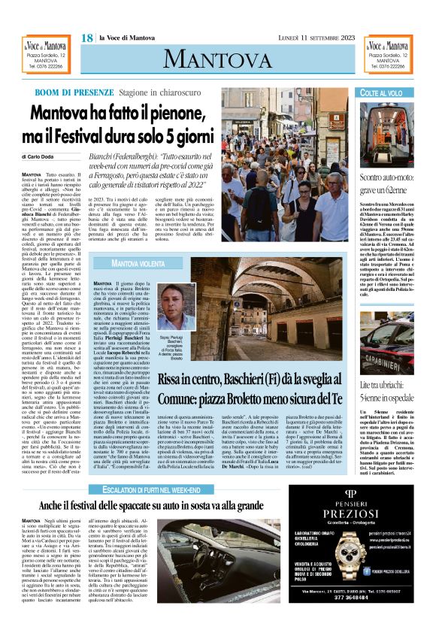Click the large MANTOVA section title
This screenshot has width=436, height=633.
[x=217, y=58]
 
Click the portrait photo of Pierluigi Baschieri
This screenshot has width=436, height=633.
[x=178, y=307]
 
